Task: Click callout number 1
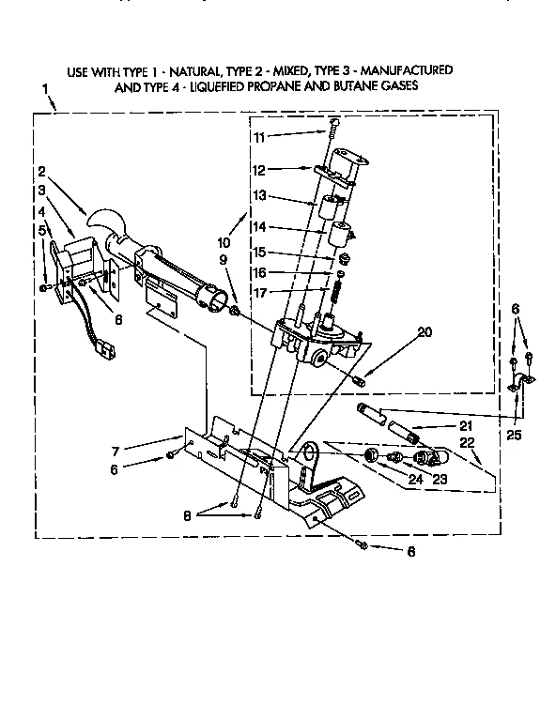point(43,89)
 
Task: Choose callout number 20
point(398,331)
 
